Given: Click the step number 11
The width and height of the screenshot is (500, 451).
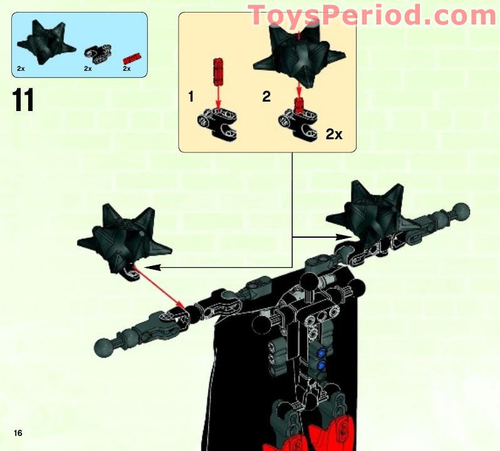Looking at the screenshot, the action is point(23,100).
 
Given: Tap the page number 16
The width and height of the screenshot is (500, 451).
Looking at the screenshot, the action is point(18,433).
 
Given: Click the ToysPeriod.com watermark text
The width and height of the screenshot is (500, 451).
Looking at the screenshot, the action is point(372,14).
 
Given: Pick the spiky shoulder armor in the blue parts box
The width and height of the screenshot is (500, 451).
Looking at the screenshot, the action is point(46,42).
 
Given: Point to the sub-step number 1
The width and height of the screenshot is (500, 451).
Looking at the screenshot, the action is point(191,97).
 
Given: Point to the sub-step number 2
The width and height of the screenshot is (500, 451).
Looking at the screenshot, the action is point(266,97).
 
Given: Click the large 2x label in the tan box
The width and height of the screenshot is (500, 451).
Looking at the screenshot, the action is point(334,134).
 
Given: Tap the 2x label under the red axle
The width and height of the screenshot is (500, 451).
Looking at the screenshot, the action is point(127,68).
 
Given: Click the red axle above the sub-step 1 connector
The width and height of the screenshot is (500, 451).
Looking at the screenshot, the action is point(218,71).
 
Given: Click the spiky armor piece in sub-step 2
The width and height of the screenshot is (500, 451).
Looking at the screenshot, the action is point(299,55).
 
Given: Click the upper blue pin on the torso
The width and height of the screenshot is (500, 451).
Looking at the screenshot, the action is point(321,352).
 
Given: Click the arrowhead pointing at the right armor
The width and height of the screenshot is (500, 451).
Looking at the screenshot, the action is point(344,237).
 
